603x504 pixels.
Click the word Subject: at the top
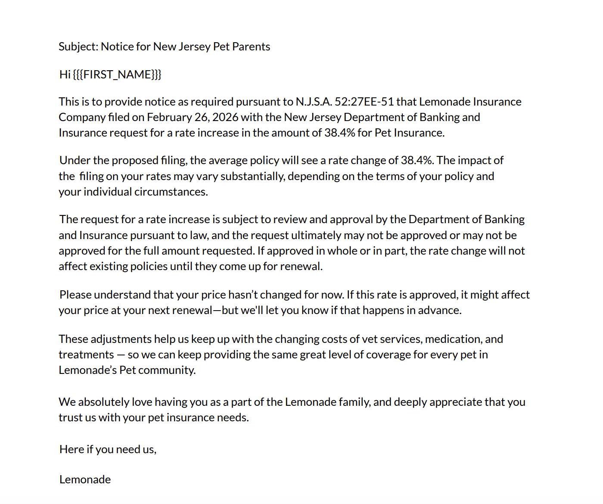tap(78, 47)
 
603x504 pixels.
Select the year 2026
tap(225, 117)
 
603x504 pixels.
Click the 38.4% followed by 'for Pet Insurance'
tap(339, 133)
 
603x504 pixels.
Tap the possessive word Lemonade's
tap(87, 370)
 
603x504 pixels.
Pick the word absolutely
tap(103, 402)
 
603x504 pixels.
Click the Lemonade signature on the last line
tap(85, 479)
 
